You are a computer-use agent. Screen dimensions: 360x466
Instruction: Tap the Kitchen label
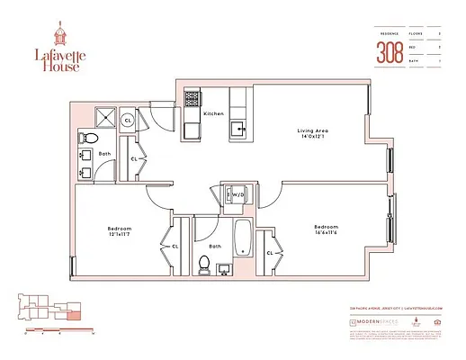click(213, 114)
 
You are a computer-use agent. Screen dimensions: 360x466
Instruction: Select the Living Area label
click(313, 131)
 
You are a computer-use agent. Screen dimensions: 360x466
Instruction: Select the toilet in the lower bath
click(204, 265)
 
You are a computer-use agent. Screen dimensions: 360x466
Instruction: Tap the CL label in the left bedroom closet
click(175, 244)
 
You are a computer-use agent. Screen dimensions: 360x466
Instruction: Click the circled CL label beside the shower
click(128, 119)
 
